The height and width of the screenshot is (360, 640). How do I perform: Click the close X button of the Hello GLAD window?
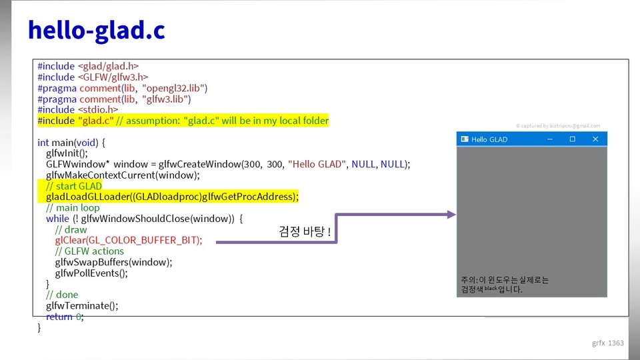[x=595, y=139]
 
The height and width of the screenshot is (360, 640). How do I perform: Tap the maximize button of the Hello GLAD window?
[x=572, y=139]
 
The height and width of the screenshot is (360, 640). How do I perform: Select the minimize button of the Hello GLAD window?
[x=550, y=139]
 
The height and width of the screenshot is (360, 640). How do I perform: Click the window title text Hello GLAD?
[x=489, y=139]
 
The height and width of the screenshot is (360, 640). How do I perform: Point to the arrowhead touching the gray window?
[x=451, y=215]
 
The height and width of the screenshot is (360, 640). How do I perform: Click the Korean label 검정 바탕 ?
[x=305, y=231]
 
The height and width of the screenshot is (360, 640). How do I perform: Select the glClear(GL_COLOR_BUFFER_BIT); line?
[x=129, y=240]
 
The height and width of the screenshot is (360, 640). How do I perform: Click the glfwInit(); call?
[x=67, y=153]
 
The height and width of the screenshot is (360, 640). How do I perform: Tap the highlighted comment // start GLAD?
[x=74, y=186]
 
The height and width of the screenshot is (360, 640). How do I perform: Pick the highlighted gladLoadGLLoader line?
[x=172, y=197]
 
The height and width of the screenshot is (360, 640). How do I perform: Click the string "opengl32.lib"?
[x=175, y=88]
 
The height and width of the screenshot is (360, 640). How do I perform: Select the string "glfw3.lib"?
[x=167, y=99]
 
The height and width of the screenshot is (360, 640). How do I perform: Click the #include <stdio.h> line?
[x=77, y=110]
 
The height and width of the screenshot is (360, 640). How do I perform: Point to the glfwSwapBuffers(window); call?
[x=113, y=262]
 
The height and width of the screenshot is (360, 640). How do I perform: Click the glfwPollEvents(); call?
[x=91, y=273]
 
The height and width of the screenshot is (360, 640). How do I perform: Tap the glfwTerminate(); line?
[x=82, y=306]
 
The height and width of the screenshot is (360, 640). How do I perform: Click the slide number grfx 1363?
[x=608, y=343]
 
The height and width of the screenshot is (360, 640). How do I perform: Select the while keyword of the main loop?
[x=57, y=219]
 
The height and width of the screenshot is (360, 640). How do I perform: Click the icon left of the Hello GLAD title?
[x=465, y=139]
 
